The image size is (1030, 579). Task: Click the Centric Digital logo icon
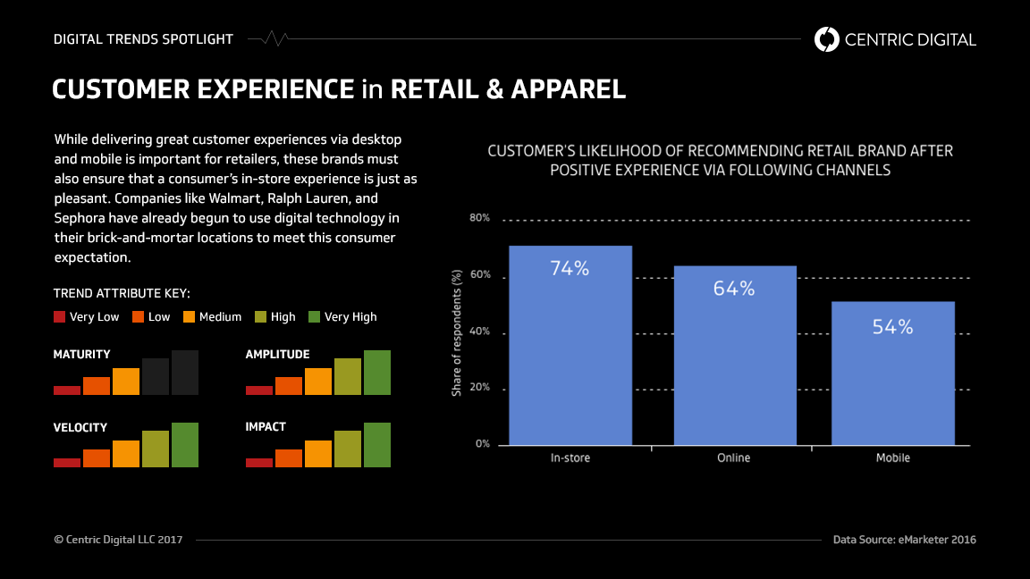827,39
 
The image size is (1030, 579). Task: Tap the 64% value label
734,289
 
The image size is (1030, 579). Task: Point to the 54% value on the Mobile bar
892,327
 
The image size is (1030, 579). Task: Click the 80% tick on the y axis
479,219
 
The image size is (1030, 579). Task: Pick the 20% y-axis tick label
479,389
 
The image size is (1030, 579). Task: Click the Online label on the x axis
734,457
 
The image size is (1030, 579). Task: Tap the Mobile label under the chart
892,457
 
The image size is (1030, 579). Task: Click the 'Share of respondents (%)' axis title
456,332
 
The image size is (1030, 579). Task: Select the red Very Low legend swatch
60,316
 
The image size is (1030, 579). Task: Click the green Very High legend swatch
314,316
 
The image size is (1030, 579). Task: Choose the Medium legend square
190,316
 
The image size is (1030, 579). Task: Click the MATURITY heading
82,355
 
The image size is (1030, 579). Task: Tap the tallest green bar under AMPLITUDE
377,373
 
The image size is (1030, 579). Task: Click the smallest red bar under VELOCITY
67,462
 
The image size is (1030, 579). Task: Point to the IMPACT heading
266,427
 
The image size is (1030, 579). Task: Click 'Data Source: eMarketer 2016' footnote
904,540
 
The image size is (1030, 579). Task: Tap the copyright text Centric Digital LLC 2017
118,540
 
